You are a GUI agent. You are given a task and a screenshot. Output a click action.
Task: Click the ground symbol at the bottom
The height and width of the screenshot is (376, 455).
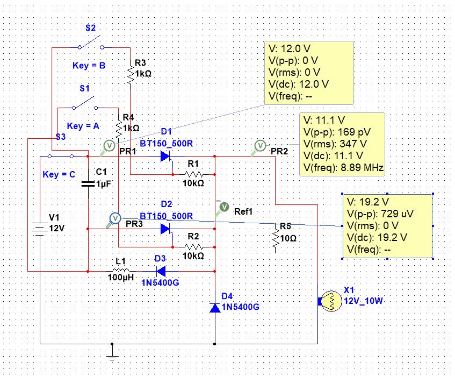[x=112, y=353]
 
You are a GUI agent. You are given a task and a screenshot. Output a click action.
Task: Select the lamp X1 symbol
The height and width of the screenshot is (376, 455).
[x=330, y=301]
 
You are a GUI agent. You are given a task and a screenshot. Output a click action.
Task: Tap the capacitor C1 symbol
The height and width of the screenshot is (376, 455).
[x=88, y=183]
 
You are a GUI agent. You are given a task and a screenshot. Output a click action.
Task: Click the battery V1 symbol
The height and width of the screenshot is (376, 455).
[x=40, y=228]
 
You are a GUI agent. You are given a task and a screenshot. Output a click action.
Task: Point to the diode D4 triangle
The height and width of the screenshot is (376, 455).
[x=215, y=308]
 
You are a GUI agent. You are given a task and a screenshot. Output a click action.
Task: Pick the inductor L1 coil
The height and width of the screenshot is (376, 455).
[x=120, y=270]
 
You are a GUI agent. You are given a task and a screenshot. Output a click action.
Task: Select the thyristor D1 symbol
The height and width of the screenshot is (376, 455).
[x=166, y=157]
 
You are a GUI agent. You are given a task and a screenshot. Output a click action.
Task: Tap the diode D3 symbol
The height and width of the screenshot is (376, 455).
[x=161, y=271]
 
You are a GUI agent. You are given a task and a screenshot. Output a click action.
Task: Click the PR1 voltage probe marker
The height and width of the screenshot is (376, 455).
[x=107, y=147]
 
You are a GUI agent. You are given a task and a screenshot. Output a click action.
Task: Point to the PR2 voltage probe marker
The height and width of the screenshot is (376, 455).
[x=258, y=147]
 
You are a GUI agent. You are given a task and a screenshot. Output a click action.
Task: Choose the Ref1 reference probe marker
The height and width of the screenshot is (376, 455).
[x=222, y=208]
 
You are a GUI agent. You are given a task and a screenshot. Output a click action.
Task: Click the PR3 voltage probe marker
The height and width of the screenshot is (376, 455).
[x=113, y=220]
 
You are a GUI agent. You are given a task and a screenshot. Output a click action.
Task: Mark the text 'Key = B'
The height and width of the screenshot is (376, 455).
[x=89, y=66]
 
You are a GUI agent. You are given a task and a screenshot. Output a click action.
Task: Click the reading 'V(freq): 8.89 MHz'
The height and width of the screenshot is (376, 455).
[x=343, y=167]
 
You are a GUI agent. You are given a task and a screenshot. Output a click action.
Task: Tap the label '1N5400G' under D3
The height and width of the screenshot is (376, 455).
[x=160, y=282]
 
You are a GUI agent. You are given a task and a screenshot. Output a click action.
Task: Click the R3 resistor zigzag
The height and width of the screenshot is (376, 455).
[x=131, y=74]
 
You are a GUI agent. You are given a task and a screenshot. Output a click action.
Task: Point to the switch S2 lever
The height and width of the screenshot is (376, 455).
[x=90, y=41]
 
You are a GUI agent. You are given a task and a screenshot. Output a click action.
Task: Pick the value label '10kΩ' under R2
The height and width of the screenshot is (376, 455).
[x=193, y=256]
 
